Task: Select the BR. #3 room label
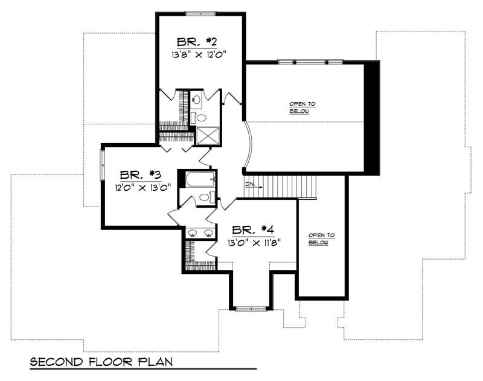point(139,175)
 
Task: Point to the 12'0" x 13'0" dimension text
point(139,187)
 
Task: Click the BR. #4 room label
point(254,230)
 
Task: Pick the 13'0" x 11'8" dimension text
point(254,242)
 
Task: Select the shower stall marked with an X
point(207,137)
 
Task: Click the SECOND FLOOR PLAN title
point(101,362)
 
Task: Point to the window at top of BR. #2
point(200,13)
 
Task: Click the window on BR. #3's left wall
point(102,167)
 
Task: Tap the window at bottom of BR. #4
point(251,309)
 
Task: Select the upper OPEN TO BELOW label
point(302,107)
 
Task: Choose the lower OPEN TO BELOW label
point(322,239)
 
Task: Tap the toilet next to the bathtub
point(205,197)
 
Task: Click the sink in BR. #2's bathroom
point(197,98)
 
